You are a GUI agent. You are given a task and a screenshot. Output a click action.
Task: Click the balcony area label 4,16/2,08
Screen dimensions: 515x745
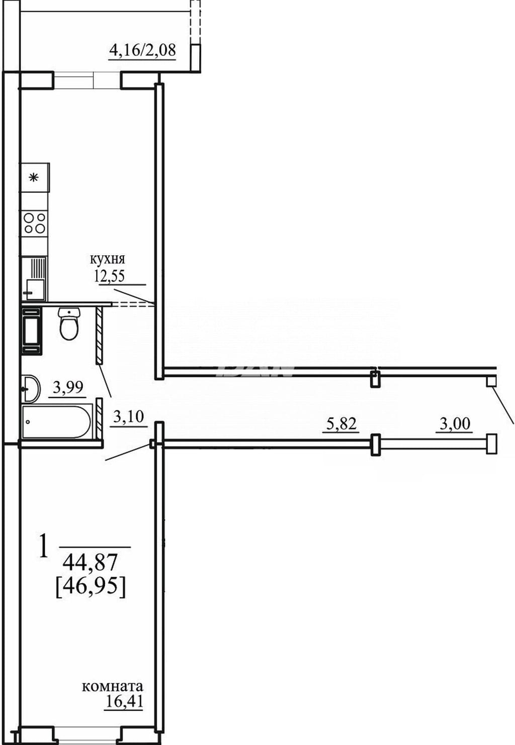[142, 51]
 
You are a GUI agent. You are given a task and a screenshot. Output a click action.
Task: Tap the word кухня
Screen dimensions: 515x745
[107, 259]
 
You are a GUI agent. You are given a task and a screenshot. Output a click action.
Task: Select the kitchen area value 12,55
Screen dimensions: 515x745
[110, 276]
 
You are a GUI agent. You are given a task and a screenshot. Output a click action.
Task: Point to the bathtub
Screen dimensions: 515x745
[57, 421]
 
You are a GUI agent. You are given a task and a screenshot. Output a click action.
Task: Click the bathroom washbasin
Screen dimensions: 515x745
[31, 388]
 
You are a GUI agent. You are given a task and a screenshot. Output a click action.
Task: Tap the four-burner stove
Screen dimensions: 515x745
[35, 224]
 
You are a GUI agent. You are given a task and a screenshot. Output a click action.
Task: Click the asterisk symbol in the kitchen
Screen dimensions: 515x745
[33, 178]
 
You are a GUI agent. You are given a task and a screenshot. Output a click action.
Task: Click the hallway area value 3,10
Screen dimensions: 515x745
[128, 416]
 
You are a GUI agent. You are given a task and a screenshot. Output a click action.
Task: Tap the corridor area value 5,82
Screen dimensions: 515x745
[341, 424]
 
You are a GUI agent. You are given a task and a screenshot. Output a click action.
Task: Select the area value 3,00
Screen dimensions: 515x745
[455, 424]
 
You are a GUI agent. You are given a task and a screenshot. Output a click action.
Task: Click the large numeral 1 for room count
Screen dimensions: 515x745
[43, 550]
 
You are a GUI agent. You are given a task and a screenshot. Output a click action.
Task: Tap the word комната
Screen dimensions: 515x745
[113, 686]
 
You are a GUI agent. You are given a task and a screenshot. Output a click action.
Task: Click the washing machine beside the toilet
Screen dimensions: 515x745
[32, 331]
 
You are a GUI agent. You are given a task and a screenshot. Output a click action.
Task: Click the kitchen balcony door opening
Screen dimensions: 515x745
[87, 80]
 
